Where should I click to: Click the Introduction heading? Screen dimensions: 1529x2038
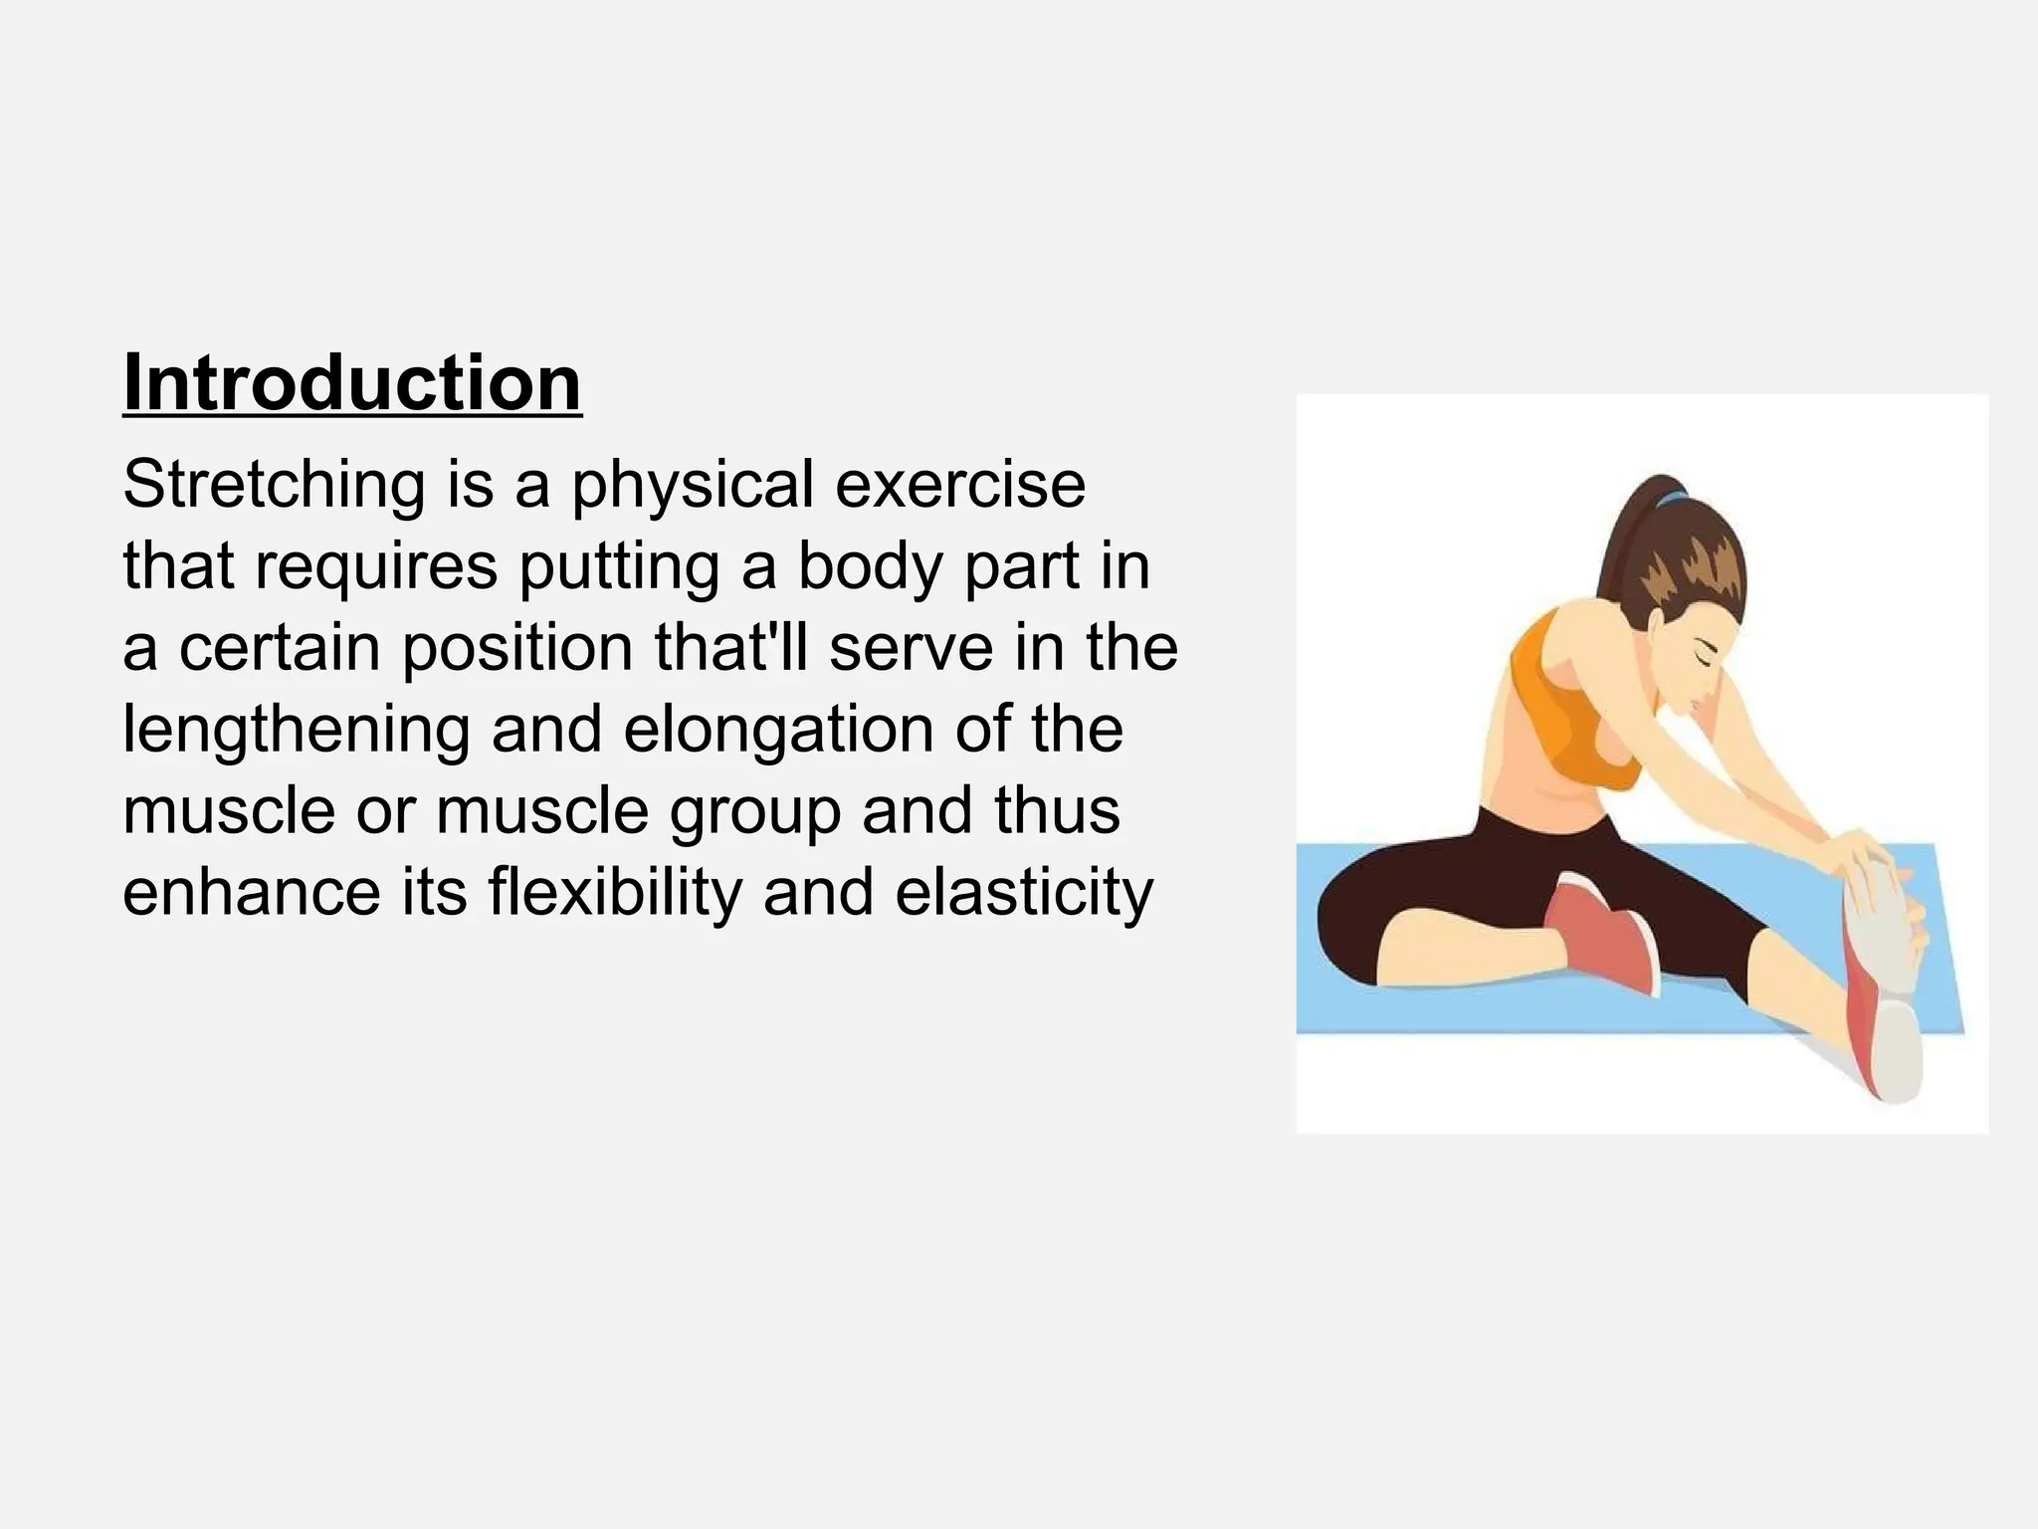click(x=352, y=383)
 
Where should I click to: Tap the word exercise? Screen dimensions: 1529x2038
click(x=959, y=485)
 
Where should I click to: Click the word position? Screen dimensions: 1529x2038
click(x=517, y=648)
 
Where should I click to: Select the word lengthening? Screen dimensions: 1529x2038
click(x=296, y=730)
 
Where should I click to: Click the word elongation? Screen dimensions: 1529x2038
click(x=778, y=730)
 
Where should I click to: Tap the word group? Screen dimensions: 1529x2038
click(x=754, y=811)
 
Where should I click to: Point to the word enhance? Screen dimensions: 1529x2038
click(x=252, y=893)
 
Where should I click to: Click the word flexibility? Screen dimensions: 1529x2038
click(x=615, y=893)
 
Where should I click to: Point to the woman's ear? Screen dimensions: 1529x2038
click(x=1656, y=626)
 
